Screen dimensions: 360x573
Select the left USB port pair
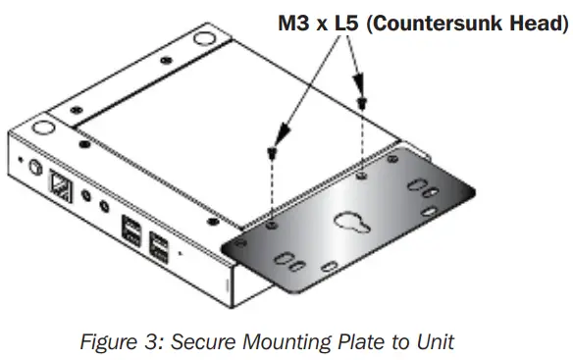coord(130,233)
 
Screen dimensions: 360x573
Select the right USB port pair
coord(158,247)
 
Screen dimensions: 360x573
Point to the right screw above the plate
coord(364,102)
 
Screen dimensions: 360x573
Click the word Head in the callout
coord(538,24)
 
